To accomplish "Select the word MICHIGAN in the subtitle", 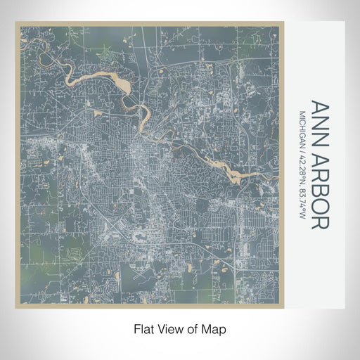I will [x=302, y=127].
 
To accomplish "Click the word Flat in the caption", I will [x=143, y=328].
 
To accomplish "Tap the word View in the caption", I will [x=171, y=328].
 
